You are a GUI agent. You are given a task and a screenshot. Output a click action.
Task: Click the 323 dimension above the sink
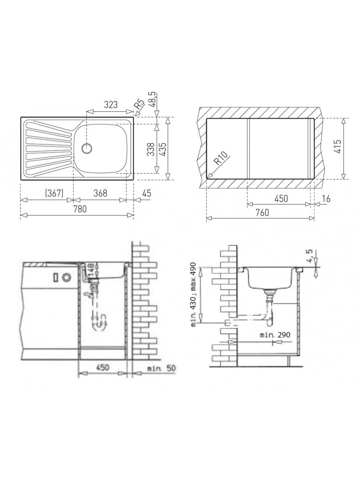111,105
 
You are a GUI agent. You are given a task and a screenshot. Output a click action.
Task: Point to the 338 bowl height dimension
150,149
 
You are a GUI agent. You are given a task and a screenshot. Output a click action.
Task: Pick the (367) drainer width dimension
54,193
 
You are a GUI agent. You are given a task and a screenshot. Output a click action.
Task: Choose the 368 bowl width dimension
101,193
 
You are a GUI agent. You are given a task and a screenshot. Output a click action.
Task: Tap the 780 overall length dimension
80,209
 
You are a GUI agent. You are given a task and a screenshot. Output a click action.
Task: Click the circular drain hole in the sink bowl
87,148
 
